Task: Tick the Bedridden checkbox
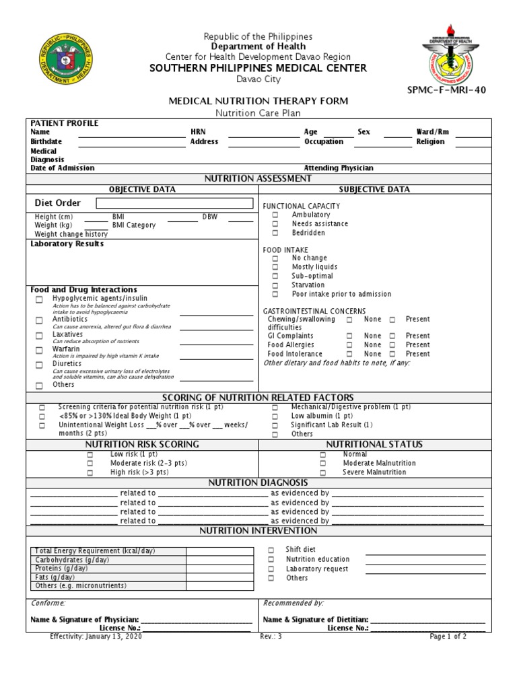pyautogui.click(x=275, y=233)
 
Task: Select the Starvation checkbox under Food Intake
pyautogui.click(x=275, y=285)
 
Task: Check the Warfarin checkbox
pyautogui.click(x=39, y=351)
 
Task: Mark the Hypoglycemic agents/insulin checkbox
pyautogui.click(x=39, y=299)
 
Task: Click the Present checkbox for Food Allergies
pyautogui.click(x=392, y=345)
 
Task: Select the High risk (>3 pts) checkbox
pyautogui.click(x=90, y=473)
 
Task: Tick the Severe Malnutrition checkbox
pyautogui.click(x=323, y=473)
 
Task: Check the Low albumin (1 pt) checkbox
pyautogui.click(x=275, y=416)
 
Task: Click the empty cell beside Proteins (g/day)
pyautogui.click(x=219, y=569)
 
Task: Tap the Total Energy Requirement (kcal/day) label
pyautogui.click(x=95, y=551)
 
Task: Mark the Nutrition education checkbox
pyautogui.click(x=271, y=559)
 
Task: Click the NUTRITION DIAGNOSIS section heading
pyautogui.click(x=258, y=483)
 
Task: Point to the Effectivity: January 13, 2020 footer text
pyautogui.click(x=96, y=637)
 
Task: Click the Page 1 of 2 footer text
pyautogui.click(x=448, y=637)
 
